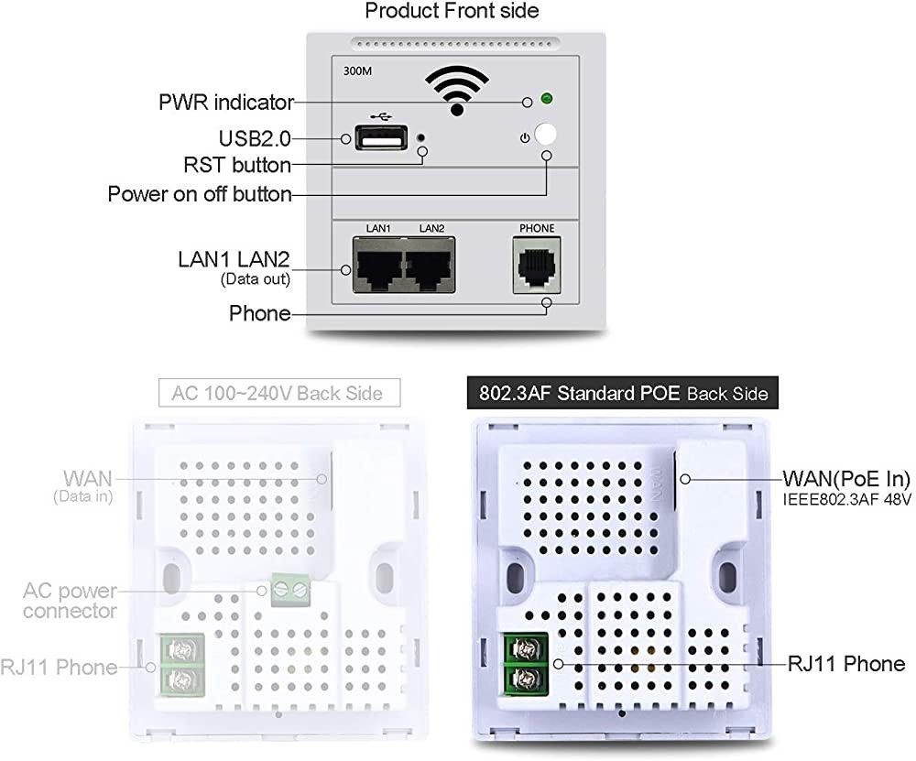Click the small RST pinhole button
point(420,137)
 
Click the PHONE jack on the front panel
point(536,266)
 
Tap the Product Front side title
point(452,12)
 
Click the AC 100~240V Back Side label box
point(281,394)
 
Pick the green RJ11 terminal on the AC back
point(179,665)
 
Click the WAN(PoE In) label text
point(845,479)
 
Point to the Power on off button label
point(199,194)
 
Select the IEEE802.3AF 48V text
point(845,499)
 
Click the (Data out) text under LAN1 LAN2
point(256,279)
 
